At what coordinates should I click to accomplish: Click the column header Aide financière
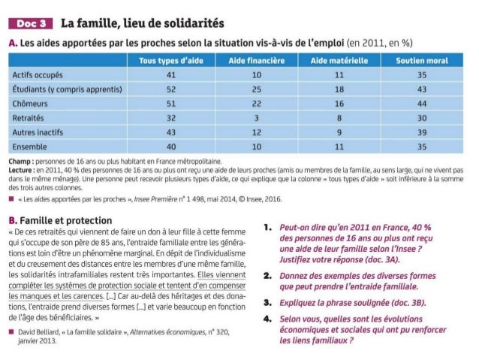(257, 60)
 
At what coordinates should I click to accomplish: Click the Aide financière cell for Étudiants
(257, 89)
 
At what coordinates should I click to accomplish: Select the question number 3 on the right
(268, 302)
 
